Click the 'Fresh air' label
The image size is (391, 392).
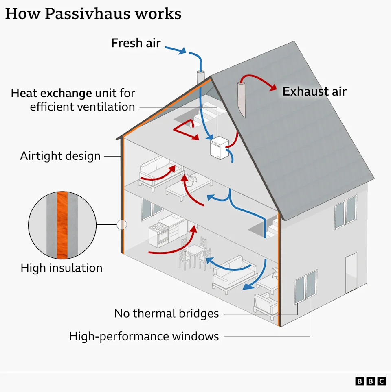point(136,43)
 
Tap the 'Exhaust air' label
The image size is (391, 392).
point(314,91)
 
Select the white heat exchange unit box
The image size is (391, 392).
point(219,148)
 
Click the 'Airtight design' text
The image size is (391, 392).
point(60,156)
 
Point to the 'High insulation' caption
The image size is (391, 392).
point(62,268)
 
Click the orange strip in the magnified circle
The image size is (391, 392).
point(62,225)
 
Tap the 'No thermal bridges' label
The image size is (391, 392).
point(167,313)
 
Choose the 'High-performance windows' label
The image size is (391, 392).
point(144,336)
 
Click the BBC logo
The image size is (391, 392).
point(371,381)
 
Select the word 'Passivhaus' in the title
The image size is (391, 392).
point(88,14)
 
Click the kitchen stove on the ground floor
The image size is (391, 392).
point(158,235)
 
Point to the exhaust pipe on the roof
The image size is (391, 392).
point(242,99)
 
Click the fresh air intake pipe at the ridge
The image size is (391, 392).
point(200,77)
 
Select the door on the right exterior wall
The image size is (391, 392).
point(351,273)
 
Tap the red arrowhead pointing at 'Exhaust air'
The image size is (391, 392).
point(273,88)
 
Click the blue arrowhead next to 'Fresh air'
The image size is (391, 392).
point(182,51)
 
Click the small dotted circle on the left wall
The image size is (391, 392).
point(122,224)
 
